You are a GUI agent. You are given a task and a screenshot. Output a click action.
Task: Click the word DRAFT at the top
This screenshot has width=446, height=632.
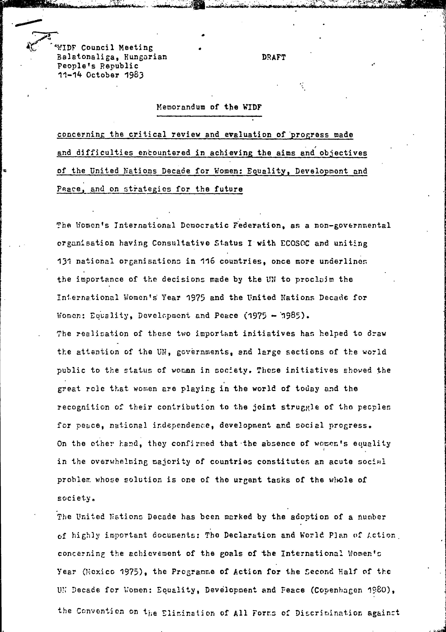(x=274, y=57)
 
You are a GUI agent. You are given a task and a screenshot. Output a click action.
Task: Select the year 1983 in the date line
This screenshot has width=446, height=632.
(x=134, y=75)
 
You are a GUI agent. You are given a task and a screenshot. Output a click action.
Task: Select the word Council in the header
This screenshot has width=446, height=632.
(x=98, y=48)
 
